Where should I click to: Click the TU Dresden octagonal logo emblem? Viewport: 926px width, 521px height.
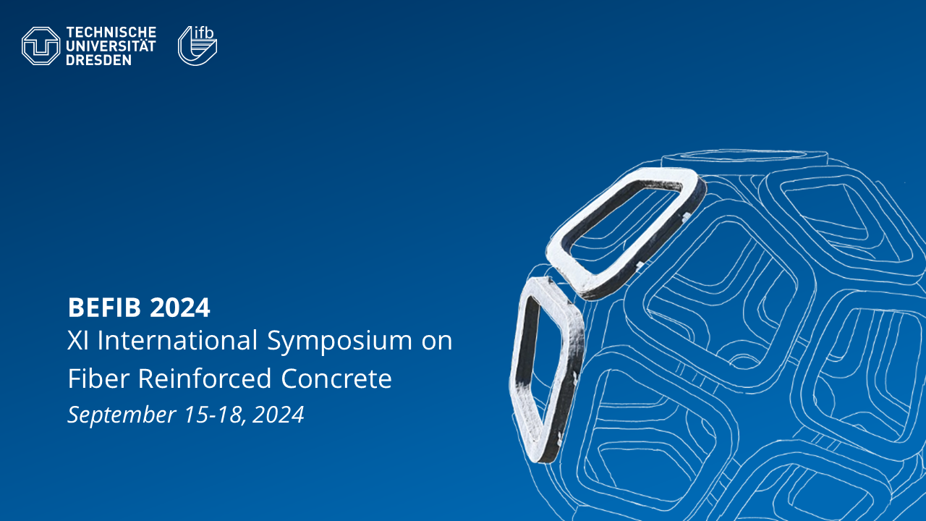tap(41, 46)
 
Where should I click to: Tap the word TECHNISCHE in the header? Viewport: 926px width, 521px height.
tap(111, 33)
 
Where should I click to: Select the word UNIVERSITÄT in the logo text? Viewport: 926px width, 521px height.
tap(111, 45)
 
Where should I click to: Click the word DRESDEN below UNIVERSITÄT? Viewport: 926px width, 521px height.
tap(99, 60)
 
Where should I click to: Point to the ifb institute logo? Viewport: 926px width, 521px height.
tap(197, 46)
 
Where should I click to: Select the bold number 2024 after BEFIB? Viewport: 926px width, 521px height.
tap(180, 308)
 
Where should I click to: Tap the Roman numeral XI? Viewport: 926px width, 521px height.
tap(78, 340)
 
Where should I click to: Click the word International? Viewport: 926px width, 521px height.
tap(177, 340)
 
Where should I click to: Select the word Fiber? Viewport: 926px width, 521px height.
tap(99, 378)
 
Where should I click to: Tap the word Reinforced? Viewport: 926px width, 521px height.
tap(205, 378)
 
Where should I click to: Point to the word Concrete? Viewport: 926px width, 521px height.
tap(336, 378)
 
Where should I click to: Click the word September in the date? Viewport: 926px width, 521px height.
tap(122, 415)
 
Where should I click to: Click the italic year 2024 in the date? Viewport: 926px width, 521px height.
tap(279, 415)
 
